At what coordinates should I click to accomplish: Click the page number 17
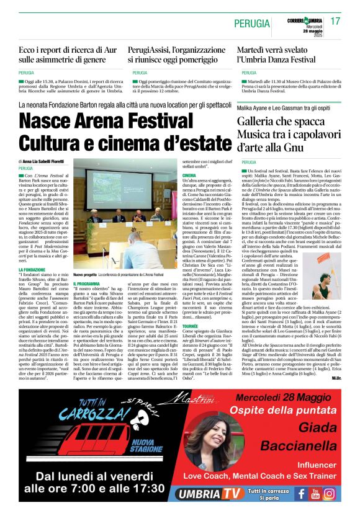335,21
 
